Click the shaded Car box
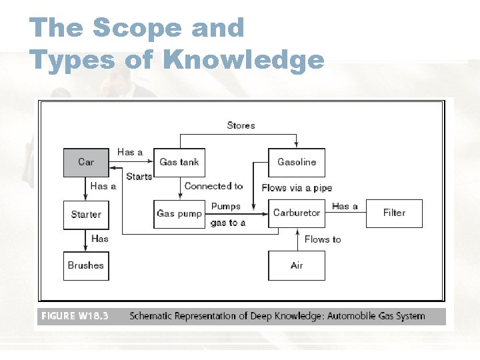click(86, 162)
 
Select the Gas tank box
click(179, 162)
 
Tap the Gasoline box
click(297, 162)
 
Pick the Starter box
click(86, 215)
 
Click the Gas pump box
click(179, 213)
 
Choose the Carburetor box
click(297, 213)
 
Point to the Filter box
click(394, 213)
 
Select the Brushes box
click(86, 265)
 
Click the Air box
click(297, 265)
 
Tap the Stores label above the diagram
click(241, 125)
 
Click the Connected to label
click(213, 186)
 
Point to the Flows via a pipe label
click(297, 188)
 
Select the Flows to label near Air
click(323, 239)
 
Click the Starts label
click(139, 177)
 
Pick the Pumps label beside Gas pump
click(226, 206)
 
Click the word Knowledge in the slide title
click(243, 60)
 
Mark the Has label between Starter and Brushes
click(99, 239)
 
